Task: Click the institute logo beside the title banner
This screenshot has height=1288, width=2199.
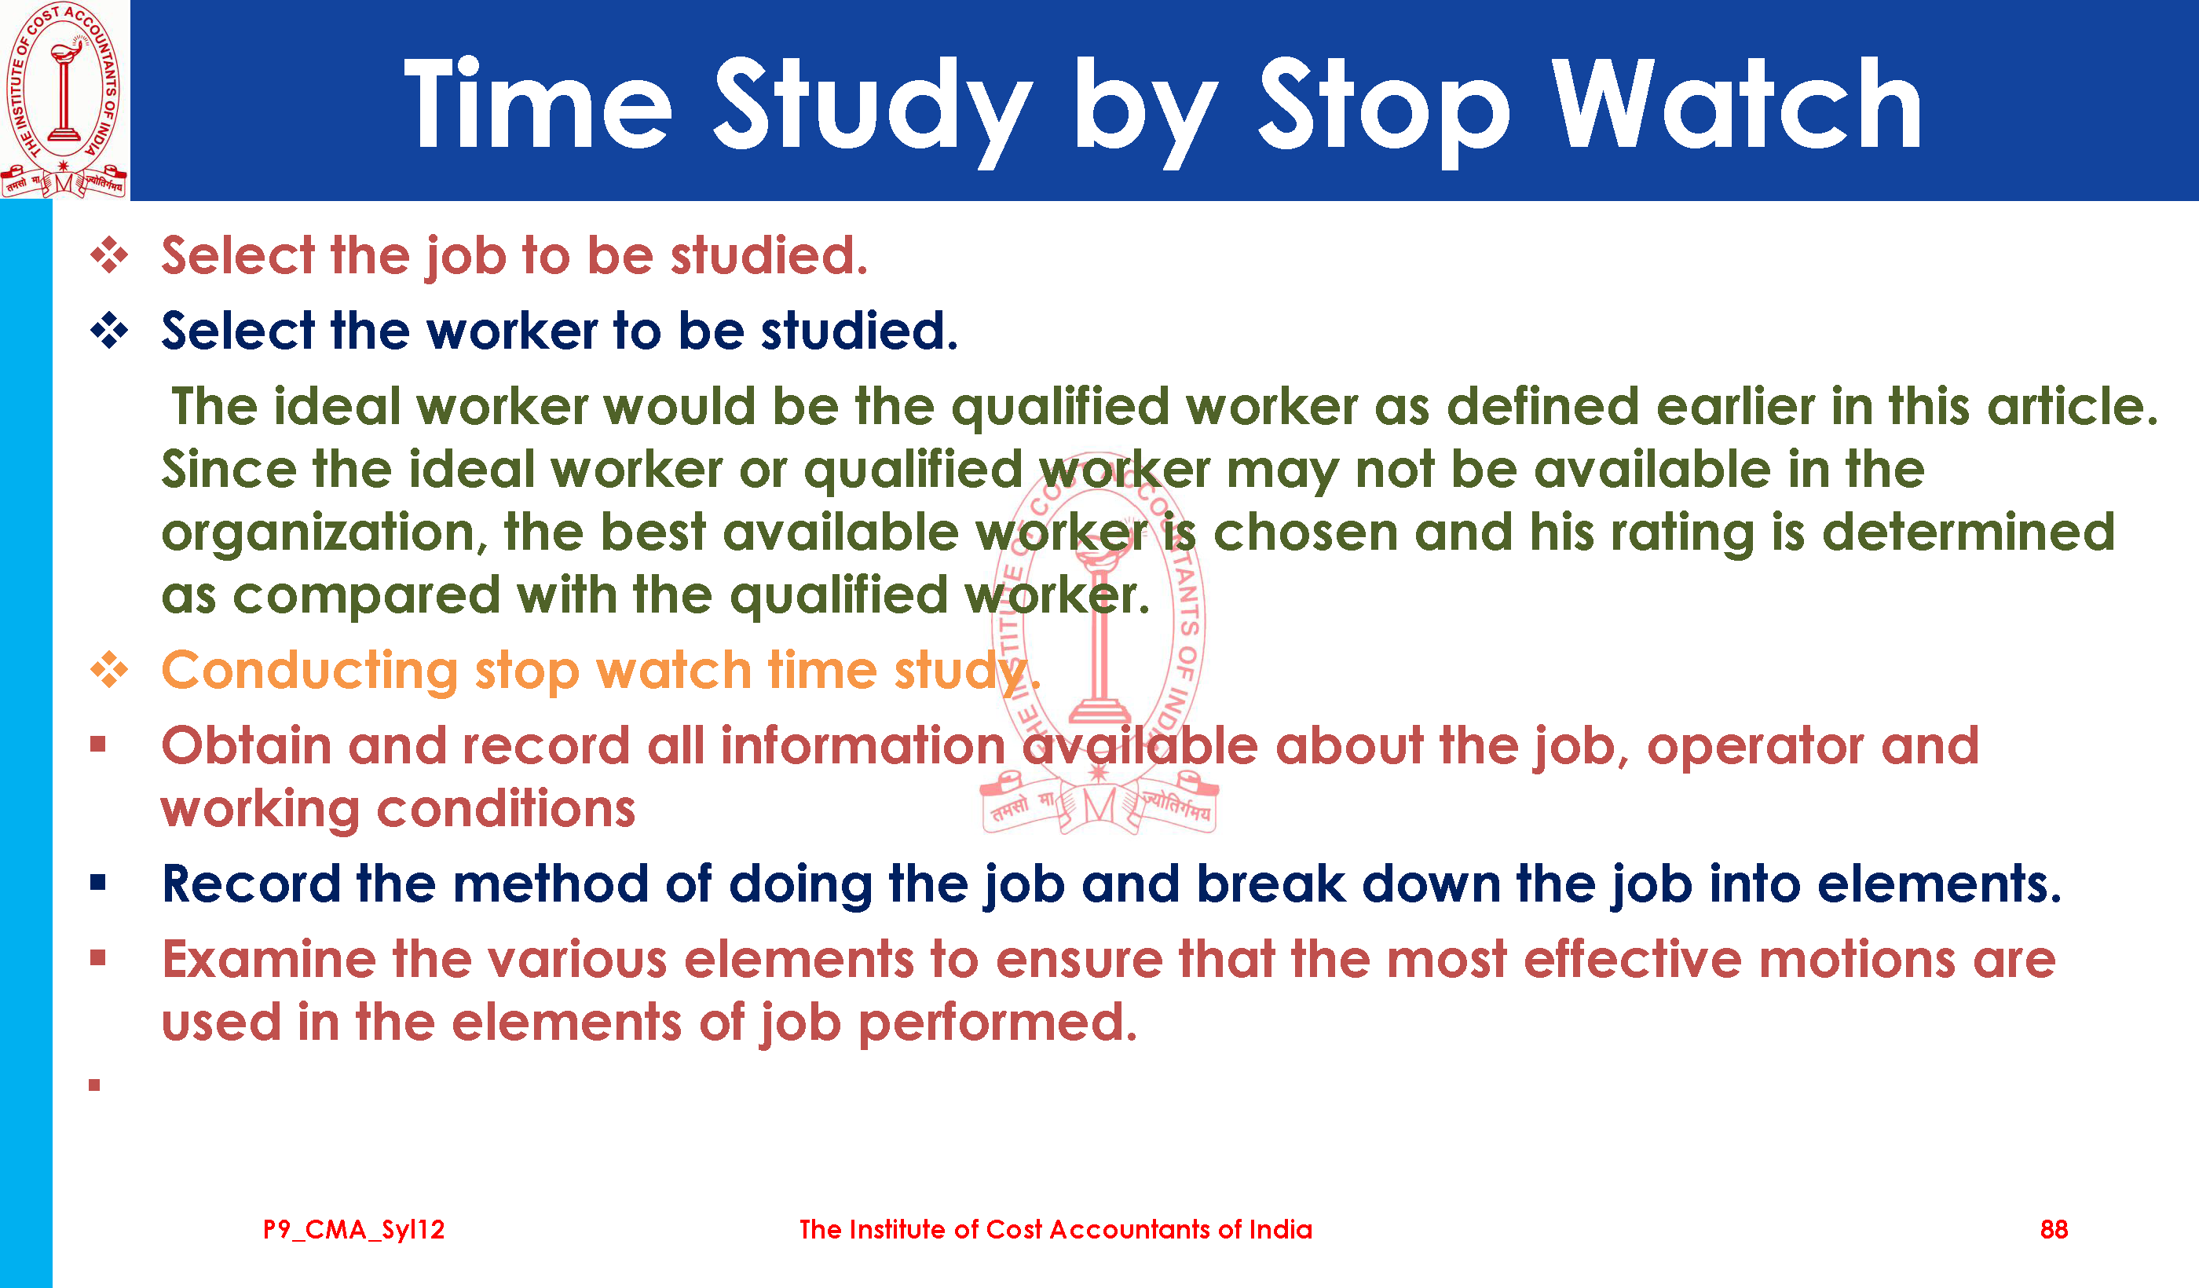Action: click(64, 100)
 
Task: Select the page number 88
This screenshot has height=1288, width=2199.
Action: click(2053, 1230)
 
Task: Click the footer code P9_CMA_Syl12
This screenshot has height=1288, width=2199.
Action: click(353, 1230)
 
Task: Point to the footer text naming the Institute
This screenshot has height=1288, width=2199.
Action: click(1055, 1230)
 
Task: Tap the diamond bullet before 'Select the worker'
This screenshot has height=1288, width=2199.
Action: click(109, 331)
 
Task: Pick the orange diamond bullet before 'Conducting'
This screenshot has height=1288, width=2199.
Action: click(109, 670)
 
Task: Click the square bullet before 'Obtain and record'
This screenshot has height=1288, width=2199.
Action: click(97, 745)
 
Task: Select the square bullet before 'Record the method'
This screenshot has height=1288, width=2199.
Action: click(97, 883)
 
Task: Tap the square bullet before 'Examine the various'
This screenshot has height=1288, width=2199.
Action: click(97, 958)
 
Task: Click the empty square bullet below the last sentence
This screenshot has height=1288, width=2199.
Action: click(94, 1085)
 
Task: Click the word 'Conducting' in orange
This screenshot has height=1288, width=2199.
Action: click(309, 672)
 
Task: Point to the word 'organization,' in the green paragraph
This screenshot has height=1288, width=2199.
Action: click(324, 534)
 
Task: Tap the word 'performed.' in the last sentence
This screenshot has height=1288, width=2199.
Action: click(998, 1023)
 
